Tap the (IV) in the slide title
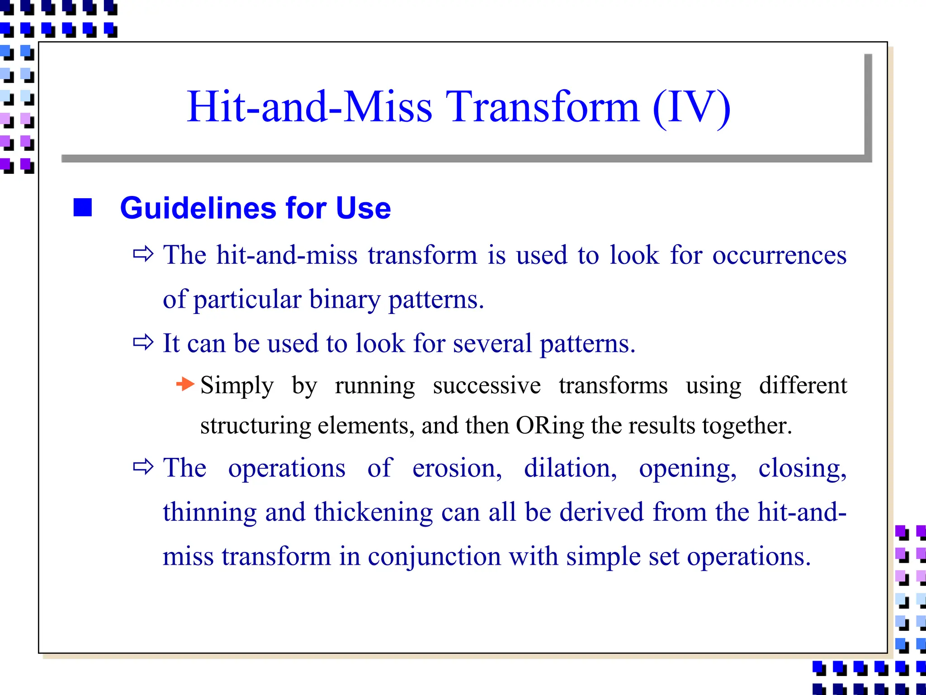(692, 108)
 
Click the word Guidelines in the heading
(198, 208)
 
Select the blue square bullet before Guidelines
(83, 208)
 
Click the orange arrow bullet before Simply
(185, 385)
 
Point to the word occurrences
(779, 256)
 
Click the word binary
(345, 300)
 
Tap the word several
(492, 344)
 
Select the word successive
(487, 386)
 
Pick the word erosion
(457, 468)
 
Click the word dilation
(570, 468)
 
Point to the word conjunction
(434, 557)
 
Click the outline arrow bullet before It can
(143, 343)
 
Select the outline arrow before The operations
(143, 467)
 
